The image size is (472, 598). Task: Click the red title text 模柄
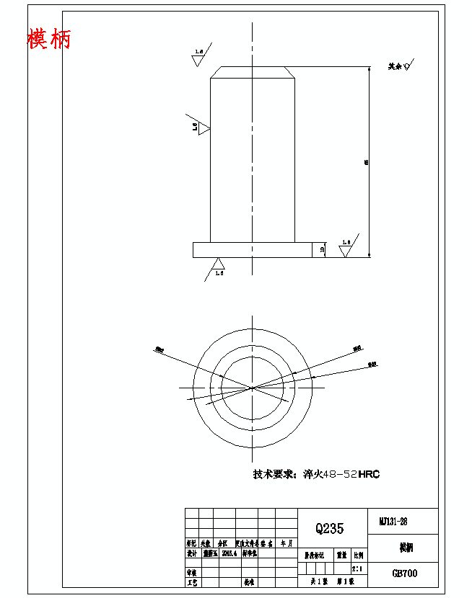coord(49,38)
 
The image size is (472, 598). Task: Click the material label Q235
coord(329,528)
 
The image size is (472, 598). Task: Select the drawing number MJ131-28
coord(393,521)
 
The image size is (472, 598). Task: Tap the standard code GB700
coord(404,574)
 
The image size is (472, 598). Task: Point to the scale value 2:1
coord(357,569)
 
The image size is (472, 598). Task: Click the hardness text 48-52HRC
coord(351,474)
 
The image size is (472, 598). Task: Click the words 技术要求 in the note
coord(274,474)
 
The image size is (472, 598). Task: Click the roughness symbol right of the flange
coord(346,249)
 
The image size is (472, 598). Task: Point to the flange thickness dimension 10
coord(322,249)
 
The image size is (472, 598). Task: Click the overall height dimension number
coord(367,163)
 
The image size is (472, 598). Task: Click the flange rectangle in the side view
coord(252,249)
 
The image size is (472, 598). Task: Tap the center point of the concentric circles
coord(252,388)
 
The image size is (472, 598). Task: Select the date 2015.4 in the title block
coord(229,554)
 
